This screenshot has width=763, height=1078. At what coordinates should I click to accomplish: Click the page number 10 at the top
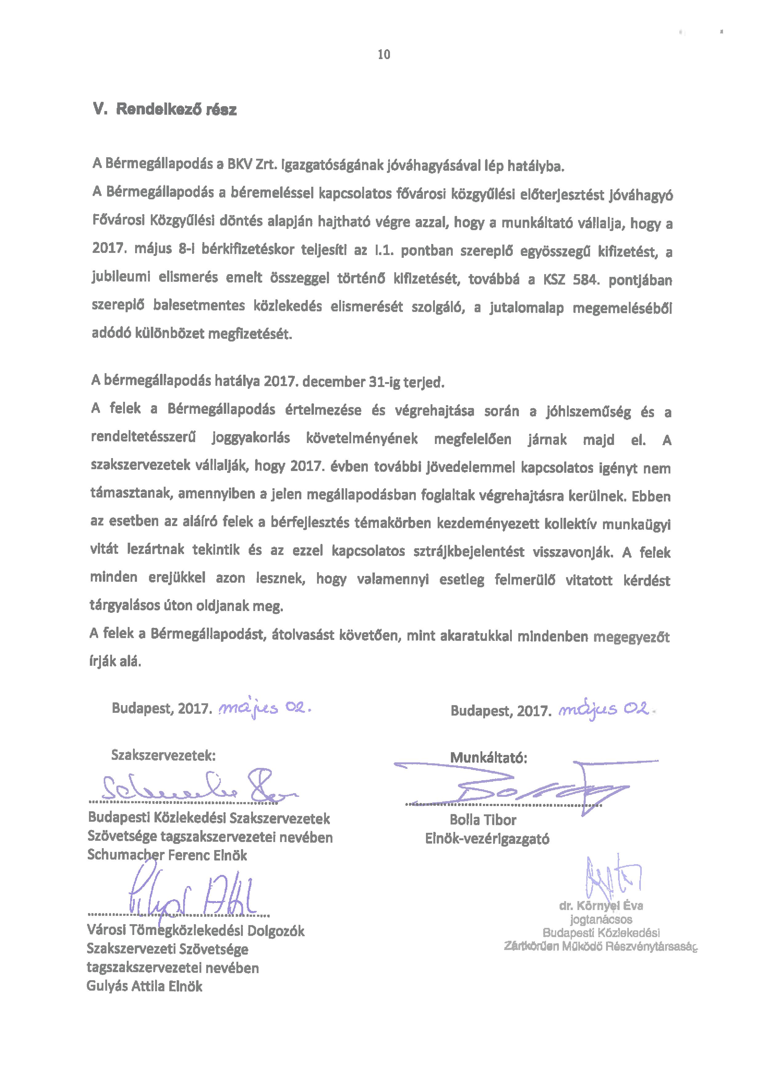tap(384, 55)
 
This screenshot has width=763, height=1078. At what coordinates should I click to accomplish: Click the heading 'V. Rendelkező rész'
tap(165, 110)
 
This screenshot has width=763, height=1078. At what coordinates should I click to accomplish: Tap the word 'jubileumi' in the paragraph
tap(120, 277)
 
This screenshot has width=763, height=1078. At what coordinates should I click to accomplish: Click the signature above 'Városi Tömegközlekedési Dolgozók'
tap(193, 897)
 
